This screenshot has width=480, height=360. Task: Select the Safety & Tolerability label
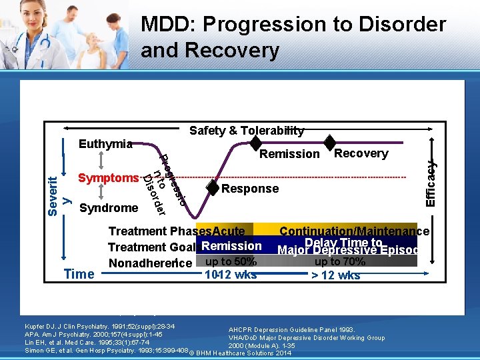coord(247,131)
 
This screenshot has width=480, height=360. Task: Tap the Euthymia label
coord(105,144)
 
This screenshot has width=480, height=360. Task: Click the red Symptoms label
coord(108,178)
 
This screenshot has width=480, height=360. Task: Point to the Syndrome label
coord(109,208)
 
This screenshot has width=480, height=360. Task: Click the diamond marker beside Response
coord(212,188)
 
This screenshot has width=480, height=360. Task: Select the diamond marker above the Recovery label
coord(330,142)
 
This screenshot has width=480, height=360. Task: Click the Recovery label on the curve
coord(361,153)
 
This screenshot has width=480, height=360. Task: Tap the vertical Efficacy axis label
coord(431,181)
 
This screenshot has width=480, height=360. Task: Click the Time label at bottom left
coord(79,274)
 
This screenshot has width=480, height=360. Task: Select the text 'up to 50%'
coord(231,261)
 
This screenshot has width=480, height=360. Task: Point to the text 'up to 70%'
coord(339,261)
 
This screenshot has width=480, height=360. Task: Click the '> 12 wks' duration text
coord(336,275)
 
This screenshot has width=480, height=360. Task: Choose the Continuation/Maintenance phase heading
coord(354,231)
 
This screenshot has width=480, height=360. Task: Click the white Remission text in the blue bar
coord(231,246)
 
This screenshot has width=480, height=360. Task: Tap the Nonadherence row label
coord(151,263)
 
